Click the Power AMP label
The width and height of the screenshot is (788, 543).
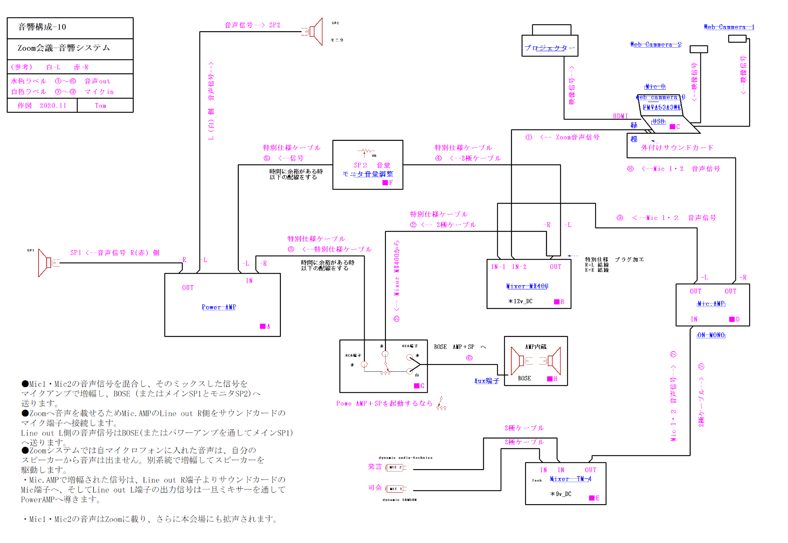(x=219, y=307)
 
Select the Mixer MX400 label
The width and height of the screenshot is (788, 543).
(x=527, y=286)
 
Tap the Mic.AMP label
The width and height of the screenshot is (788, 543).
(x=711, y=304)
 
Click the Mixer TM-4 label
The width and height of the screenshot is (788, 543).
(x=570, y=479)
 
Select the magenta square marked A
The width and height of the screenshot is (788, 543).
(x=262, y=326)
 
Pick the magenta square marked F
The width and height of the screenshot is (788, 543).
(x=385, y=183)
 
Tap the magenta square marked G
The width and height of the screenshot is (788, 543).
(x=416, y=386)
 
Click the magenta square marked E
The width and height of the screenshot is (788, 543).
(x=592, y=498)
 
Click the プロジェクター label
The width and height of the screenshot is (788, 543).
(x=549, y=48)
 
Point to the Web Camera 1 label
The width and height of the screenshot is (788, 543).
(x=729, y=27)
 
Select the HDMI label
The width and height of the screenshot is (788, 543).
(x=620, y=116)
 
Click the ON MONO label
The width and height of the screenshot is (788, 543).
(x=711, y=335)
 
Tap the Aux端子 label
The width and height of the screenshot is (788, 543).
(x=486, y=381)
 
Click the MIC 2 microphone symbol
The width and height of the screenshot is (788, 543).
(x=396, y=468)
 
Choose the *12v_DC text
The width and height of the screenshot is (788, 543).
(x=520, y=301)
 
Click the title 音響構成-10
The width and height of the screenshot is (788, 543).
(x=42, y=27)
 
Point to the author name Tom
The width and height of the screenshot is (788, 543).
(x=100, y=106)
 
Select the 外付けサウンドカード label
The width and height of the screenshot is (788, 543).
(x=677, y=148)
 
